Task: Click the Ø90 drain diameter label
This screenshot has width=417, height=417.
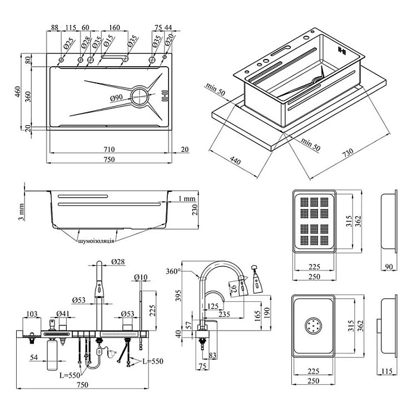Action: coord(117,98)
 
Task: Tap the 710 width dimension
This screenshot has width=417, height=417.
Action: coord(110,149)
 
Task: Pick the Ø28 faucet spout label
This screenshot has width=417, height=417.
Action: coord(117,261)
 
